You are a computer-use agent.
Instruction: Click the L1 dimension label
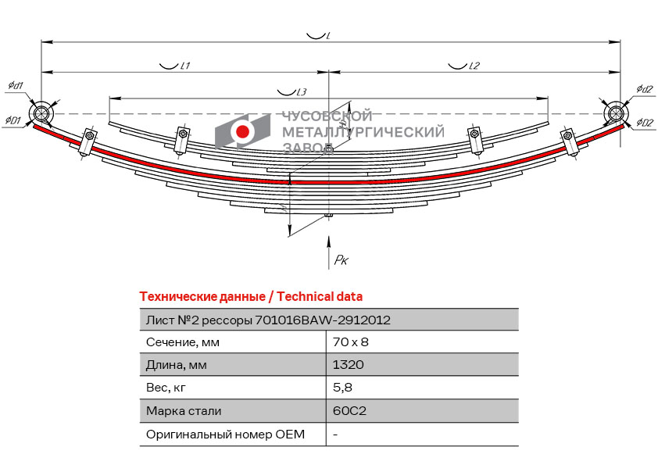[184, 66]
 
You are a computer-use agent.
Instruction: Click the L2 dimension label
[474, 66]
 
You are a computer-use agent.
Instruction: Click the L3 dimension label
[301, 92]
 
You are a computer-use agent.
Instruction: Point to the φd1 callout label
[16, 85]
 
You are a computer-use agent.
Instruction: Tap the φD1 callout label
[13, 120]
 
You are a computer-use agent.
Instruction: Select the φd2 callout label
[644, 89]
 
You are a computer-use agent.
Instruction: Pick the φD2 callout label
[645, 123]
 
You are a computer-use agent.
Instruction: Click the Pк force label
[342, 260]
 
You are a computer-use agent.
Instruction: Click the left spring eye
[41, 114]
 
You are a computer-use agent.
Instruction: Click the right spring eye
[616, 114]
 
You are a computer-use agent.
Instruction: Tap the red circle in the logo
[242, 131]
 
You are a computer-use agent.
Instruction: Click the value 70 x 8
[350, 342]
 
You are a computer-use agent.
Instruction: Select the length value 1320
[348, 365]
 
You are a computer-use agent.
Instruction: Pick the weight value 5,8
[342, 388]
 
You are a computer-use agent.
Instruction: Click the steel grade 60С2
[349, 410]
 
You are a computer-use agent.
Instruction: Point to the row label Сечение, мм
[183, 342]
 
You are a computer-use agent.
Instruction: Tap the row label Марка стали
[184, 411]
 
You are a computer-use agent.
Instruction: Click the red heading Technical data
[320, 297]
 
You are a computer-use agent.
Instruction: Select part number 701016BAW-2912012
[323, 320]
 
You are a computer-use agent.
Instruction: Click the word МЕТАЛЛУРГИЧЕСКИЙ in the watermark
[363, 132]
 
